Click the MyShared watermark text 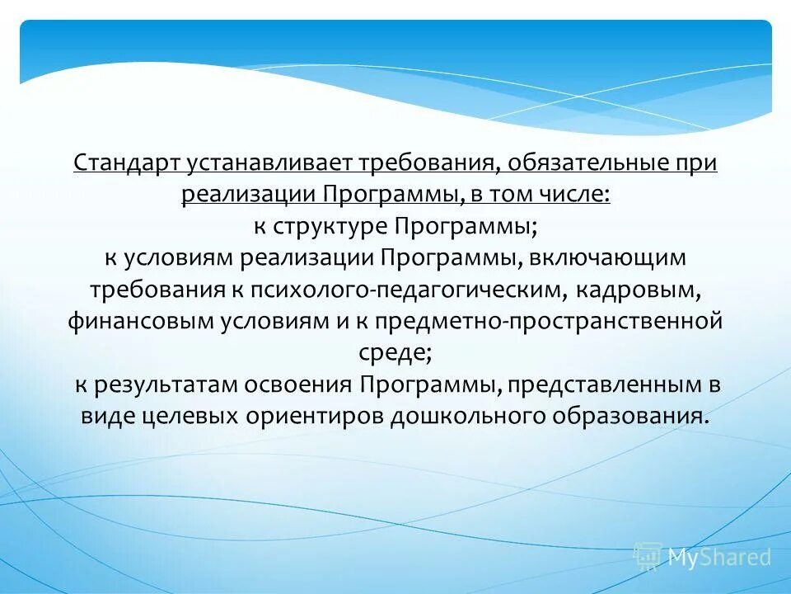(x=719, y=558)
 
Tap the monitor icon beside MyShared (x=648, y=557)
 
